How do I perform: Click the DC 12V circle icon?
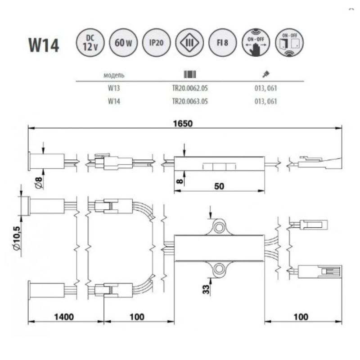tap(90, 43)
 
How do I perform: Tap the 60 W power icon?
tap(123, 43)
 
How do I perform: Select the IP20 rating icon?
tap(156, 43)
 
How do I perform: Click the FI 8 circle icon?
tap(222, 43)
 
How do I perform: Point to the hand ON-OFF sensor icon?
tap(256, 43)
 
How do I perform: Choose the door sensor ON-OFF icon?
tap(289, 43)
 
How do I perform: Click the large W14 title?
tap(44, 45)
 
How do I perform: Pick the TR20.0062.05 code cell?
tap(190, 88)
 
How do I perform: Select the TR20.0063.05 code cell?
tap(190, 101)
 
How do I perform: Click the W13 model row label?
tap(114, 88)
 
